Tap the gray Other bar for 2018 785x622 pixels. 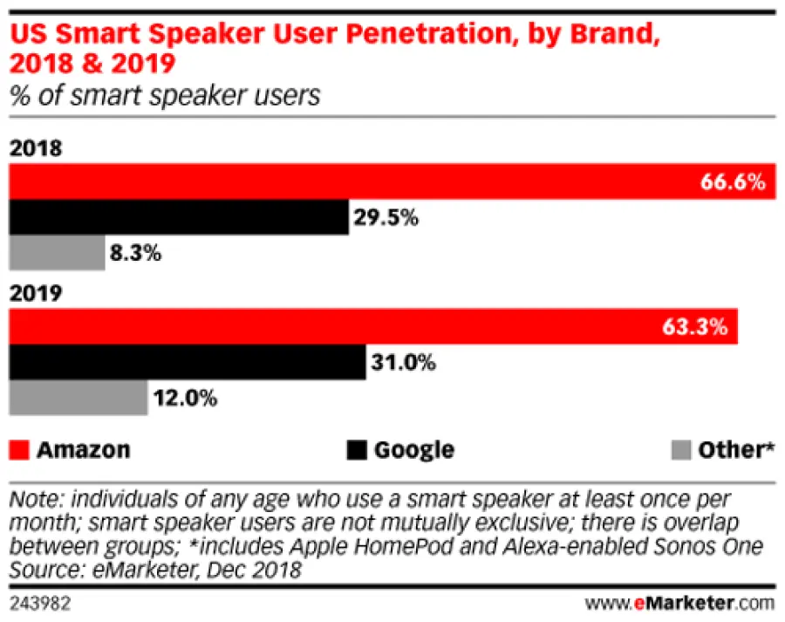coord(57,254)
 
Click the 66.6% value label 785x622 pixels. coord(733,182)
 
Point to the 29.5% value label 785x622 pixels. coord(386,218)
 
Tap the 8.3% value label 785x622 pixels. coord(137,254)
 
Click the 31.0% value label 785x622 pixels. coord(402,362)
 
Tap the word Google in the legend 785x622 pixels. coord(414,450)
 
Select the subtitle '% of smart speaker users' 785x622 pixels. coord(165,95)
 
